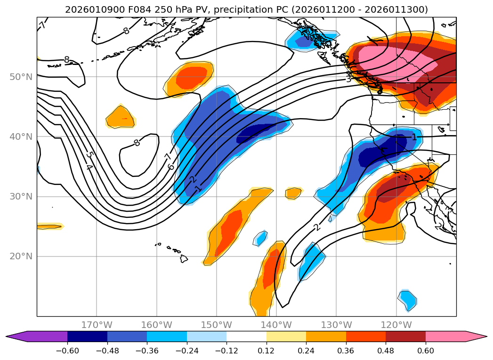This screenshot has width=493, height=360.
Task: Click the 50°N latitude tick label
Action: [21, 77]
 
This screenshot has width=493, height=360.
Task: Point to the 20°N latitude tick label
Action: [21, 256]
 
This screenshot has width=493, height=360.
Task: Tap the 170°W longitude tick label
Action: [97, 325]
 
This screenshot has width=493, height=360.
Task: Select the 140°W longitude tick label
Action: [276, 325]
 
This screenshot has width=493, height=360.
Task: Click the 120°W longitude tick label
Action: [396, 325]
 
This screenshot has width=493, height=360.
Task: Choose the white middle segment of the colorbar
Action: [246, 336]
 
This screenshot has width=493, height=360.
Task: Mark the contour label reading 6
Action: [171, 167]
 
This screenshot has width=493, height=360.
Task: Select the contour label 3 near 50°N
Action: [348, 79]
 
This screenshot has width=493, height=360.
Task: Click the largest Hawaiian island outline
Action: [183, 258]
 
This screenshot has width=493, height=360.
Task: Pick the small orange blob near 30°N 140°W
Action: [293, 192]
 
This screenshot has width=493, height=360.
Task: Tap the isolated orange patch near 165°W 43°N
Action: [121, 117]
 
